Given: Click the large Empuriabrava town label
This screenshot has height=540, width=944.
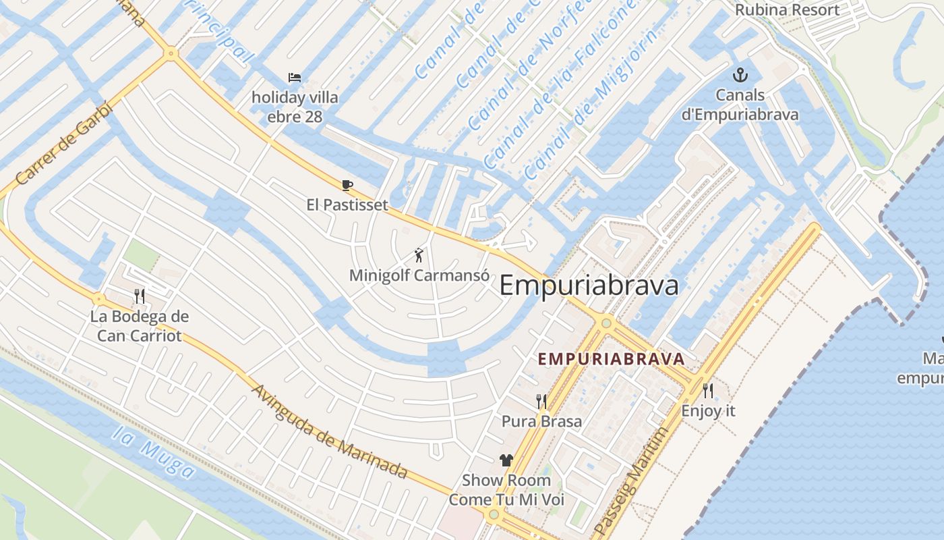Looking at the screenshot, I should pyautogui.click(x=589, y=286).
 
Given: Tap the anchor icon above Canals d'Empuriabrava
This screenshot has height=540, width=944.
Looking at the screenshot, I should pyautogui.click(x=740, y=76).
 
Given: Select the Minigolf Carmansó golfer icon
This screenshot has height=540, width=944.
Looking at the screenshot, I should pyautogui.click(x=419, y=256).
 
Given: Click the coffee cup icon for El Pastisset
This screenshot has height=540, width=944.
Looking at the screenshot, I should pyautogui.click(x=347, y=186).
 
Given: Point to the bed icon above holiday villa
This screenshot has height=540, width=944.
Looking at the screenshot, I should pyautogui.click(x=295, y=78).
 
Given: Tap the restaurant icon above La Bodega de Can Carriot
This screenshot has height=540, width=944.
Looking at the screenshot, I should pyautogui.click(x=140, y=296).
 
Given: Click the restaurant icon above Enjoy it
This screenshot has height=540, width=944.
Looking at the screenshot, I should pyautogui.click(x=708, y=391).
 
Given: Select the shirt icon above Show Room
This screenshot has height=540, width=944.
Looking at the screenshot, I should pyautogui.click(x=506, y=460).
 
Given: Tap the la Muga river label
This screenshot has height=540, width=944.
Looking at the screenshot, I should pyautogui.click(x=153, y=452).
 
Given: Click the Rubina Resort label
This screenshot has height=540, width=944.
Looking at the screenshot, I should pyautogui.click(x=787, y=10).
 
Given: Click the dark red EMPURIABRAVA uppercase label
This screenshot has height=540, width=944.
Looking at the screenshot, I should pyautogui.click(x=612, y=359).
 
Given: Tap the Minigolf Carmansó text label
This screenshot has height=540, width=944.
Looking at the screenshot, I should pyautogui.click(x=419, y=275).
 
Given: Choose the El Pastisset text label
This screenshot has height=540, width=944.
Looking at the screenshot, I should pyautogui.click(x=347, y=205).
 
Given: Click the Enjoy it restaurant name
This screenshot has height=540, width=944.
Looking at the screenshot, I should pyautogui.click(x=708, y=410).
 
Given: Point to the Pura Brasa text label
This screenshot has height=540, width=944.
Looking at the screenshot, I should pyautogui.click(x=541, y=421).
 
